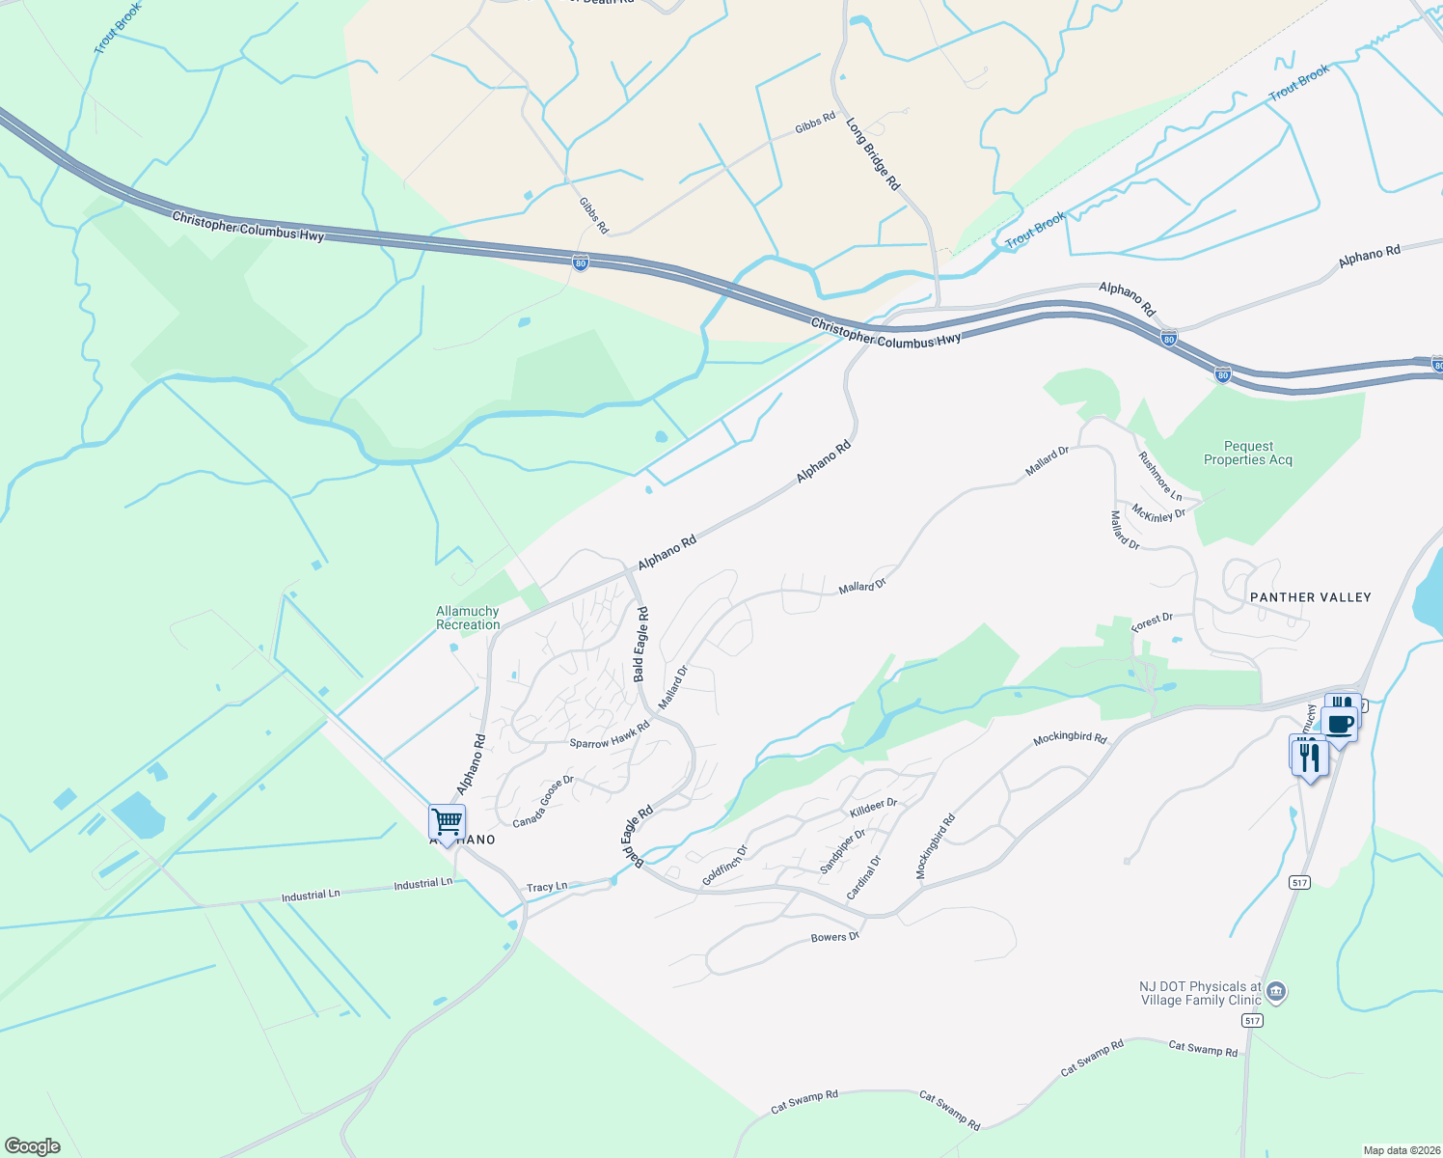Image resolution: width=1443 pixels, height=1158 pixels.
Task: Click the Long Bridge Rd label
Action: coord(873,153)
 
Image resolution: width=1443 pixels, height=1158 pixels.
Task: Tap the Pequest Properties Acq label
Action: coord(1248,453)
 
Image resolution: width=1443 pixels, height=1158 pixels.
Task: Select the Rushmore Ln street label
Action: coord(1159,476)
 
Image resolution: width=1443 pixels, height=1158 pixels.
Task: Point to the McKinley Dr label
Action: coord(1158,513)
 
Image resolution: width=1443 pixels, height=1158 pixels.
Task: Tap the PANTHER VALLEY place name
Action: coord(1310,597)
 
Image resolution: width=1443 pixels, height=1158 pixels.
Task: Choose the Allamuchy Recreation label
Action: coord(468,618)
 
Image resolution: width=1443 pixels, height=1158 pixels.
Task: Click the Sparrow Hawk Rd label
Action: coord(610,736)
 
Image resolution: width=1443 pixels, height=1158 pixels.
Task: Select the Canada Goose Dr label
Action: coord(543,801)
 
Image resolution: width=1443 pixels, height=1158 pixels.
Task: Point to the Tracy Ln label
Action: coord(547,887)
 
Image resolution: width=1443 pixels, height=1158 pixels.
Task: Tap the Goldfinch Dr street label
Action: coord(725,865)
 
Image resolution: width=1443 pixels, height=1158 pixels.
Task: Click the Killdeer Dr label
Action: coord(874,808)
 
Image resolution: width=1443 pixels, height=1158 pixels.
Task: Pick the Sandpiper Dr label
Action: coord(843,851)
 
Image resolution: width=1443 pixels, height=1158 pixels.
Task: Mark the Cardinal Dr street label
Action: coord(864,878)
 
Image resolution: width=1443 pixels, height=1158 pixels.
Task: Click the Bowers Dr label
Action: coord(834,937)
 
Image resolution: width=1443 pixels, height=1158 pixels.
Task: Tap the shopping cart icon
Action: coord(448,823)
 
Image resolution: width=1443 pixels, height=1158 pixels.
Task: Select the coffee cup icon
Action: coord(1341,723)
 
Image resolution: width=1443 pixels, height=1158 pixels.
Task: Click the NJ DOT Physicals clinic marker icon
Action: coord(1277,991)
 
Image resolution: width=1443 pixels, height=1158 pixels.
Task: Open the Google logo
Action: coord(33,1145)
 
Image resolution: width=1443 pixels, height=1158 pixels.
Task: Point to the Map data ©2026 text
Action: coord(1400,1150)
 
